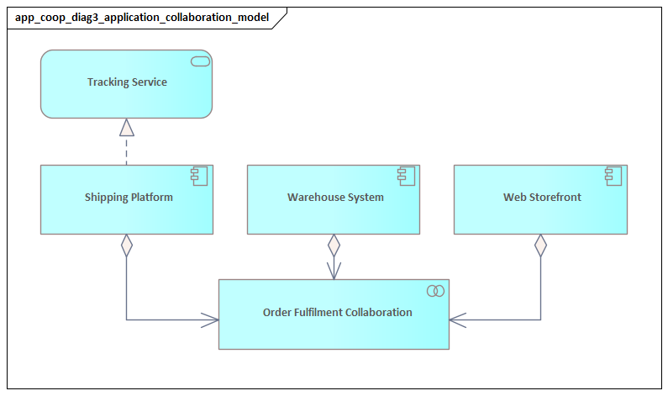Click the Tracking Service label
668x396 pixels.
(127, 82)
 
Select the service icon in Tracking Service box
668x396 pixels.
(200, 61)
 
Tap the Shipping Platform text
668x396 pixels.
(129, 198)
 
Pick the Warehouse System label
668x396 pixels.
(335, 198)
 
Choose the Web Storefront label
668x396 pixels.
(542, 198)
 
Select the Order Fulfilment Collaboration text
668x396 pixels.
(337, 313)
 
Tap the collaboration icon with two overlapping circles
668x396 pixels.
(435, 291)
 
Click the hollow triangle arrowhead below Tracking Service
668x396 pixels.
(127, 127)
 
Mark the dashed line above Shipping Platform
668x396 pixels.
(127, 150)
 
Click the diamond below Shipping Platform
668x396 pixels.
(127, 246)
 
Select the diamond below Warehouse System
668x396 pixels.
(334, 246)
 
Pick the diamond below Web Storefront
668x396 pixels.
(540, 246)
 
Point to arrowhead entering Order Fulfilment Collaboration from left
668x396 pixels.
(210, 319)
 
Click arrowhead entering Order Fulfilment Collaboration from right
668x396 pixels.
(459, 319)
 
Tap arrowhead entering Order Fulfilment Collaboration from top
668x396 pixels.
(334, 271)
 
